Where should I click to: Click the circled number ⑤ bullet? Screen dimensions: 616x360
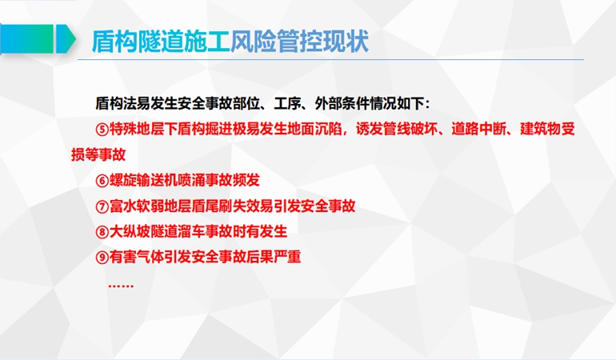click(102, 130)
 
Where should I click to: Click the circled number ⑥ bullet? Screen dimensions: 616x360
click(102, 181)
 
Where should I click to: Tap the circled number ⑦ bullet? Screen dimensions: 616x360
click(102, 206)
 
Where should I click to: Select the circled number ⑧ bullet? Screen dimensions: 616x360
click(102, 232)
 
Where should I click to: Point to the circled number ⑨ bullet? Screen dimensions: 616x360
click(102, 258)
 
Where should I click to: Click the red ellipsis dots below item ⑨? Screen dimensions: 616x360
click(121, 286)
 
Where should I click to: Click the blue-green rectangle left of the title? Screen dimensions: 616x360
click(26, 38)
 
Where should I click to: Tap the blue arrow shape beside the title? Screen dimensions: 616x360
click(66, 38)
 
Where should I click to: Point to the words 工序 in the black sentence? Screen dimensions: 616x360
click(287, 104)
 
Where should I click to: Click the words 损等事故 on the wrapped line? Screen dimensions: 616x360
click(98, 154)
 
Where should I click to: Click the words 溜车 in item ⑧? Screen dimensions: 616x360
click(191, 231)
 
